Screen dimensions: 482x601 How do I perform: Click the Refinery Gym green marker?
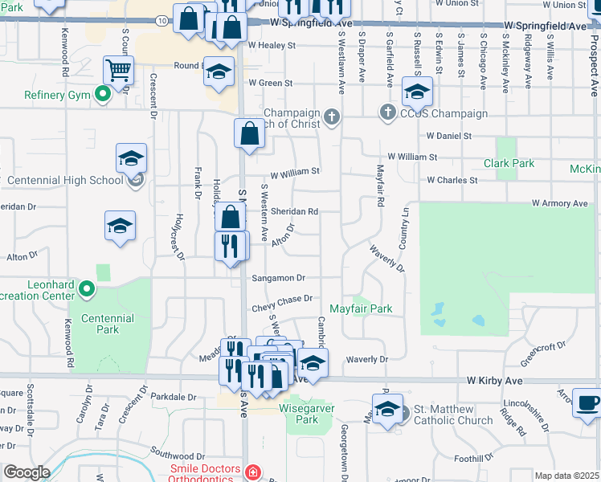coord(102,96)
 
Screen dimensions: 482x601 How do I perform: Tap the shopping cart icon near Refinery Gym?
coord(118,71)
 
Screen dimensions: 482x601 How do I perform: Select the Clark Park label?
coord(509,163)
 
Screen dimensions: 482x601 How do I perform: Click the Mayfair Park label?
coord(361,308)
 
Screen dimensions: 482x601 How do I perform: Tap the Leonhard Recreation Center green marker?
coord(88,288)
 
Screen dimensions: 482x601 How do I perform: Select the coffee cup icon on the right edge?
coord(587,403)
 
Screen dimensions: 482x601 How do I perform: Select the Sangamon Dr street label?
coord(279,278)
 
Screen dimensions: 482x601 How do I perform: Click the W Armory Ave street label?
coord(561,204)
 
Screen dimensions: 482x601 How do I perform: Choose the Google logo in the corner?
coord(27,472)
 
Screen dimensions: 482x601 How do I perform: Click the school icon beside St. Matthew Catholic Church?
coord(387,409)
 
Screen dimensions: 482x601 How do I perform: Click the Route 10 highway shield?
coord(163,20)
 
